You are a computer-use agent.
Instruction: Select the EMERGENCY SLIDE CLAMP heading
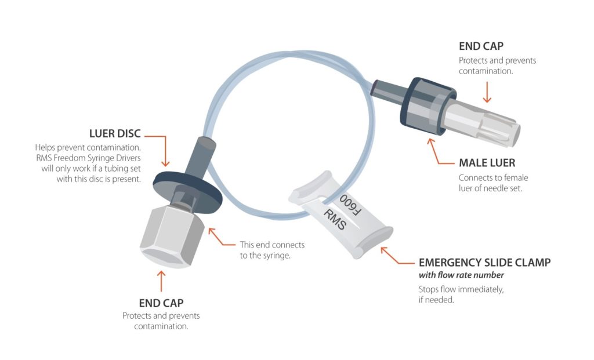pyautogui.click(x=484, y=263)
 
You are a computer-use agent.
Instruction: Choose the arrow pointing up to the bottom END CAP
pyautogui.click(x=161, y=279)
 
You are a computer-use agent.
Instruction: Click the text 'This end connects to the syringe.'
pyautogui.click(x=272, y=249)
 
